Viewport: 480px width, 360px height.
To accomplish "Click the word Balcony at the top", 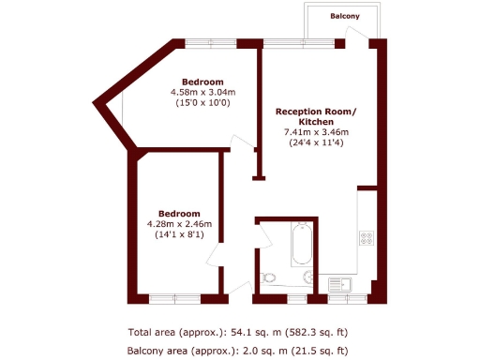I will (x=347, y=17).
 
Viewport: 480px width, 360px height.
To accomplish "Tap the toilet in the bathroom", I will (x=268, y=277).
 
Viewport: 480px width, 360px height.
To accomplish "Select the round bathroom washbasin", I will (x=307, y=277).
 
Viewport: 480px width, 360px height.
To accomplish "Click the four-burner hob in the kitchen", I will (x=366, y=239).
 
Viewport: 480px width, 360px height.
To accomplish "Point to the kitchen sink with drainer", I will (x=339, y=283).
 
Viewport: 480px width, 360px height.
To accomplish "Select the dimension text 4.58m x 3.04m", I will (x=202, y=92).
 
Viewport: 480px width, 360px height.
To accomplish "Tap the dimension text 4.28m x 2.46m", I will (x=179, y=223).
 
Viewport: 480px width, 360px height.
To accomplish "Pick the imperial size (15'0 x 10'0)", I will (x=202, y=102).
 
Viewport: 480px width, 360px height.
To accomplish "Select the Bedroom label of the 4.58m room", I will (x=202, y=81).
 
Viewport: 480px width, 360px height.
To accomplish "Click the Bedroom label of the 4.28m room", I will (x=179, y=212).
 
